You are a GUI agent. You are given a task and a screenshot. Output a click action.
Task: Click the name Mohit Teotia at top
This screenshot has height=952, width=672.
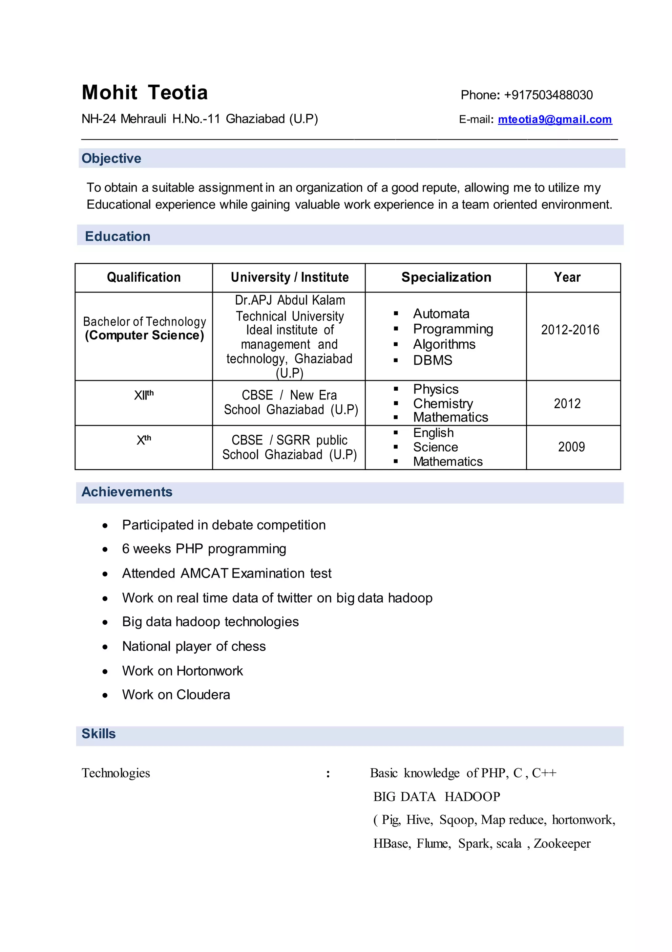[145, 93]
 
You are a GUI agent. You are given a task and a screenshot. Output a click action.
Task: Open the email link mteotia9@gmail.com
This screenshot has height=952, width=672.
[555, 119]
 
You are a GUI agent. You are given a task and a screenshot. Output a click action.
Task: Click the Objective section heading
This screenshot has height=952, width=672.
[111, 158]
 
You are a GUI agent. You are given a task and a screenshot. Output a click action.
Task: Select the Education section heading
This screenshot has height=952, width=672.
[117, 236]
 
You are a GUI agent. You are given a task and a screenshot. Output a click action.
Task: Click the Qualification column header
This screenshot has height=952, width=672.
[143, 277]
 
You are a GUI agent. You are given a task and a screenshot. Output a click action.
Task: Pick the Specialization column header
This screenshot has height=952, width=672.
[446, 277]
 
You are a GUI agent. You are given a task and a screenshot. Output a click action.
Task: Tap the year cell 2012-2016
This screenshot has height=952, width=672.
[570, 330]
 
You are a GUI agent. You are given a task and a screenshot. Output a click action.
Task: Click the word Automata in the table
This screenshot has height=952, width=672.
[441, 314]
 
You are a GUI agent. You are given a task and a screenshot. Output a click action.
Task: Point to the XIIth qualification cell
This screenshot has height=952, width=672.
[143, 395]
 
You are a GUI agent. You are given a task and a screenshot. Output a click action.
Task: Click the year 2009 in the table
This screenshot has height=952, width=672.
[571, 447]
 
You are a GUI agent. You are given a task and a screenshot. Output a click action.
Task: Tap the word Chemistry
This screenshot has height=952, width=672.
[443, 403]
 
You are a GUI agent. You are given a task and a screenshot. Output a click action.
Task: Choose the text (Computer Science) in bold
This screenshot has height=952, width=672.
[144, 335]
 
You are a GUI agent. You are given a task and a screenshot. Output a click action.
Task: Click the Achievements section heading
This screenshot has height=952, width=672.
[127, 492]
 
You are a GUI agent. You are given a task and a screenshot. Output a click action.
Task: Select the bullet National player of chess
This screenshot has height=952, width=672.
[194, 646]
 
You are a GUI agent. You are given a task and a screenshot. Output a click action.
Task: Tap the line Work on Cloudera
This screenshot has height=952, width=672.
[176, 695]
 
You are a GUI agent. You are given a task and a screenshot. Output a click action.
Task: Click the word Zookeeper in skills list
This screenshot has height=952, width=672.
[562, 844]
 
